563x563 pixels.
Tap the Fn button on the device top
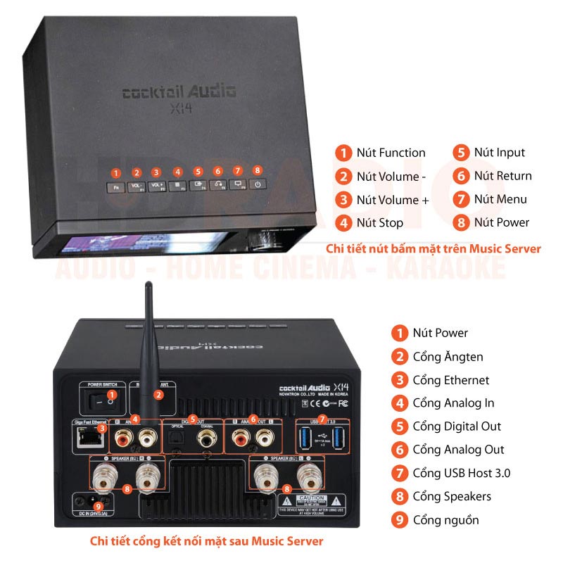[117, 188]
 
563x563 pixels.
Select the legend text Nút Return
[502, 176]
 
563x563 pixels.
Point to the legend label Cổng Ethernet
[451, 380]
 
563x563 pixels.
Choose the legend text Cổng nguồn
[445, 520]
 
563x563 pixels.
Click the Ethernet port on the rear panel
[90, 440]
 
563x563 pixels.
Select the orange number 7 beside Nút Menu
[461, 199]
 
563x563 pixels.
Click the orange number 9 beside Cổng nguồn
[400, 520]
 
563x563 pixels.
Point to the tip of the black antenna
[148, 286]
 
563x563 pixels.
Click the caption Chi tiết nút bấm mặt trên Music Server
[433, 248]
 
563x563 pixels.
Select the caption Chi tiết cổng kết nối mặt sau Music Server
[207, 541]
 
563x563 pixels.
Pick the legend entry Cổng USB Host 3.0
[462, 473]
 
